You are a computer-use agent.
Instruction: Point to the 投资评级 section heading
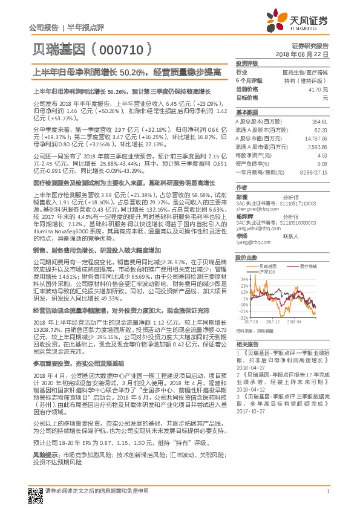click(x=247, y=63)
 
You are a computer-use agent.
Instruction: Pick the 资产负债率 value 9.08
click(x=322, y=164)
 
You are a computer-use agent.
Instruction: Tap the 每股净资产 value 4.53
click(x=322, y=155)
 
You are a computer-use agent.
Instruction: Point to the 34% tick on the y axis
click(x=243, y=262)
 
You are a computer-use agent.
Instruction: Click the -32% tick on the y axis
click(x=243, y=317)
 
